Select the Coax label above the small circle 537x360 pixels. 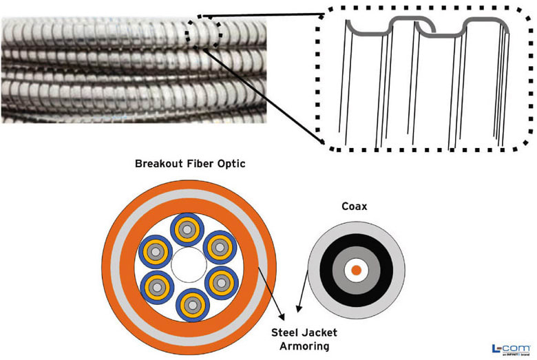coord(355,206)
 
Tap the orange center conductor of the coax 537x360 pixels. coord(355,271)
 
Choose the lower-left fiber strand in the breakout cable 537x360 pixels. coord(156,284)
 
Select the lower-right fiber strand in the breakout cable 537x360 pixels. coord(220,284)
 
